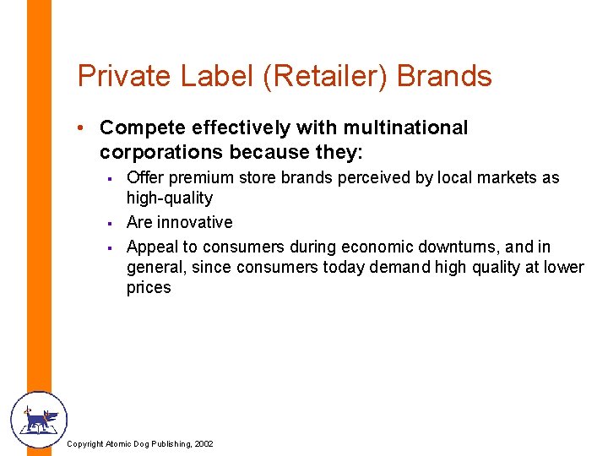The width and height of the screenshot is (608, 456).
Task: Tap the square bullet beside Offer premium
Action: (110, 178)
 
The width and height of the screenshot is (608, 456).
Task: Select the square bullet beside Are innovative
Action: (110, 223)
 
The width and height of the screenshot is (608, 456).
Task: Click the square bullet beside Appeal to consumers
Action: (110, 247)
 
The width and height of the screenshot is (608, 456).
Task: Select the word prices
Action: (149, 288)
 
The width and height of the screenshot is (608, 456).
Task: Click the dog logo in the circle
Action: (38, 420)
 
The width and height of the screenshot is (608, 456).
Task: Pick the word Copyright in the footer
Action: (85, 443)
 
